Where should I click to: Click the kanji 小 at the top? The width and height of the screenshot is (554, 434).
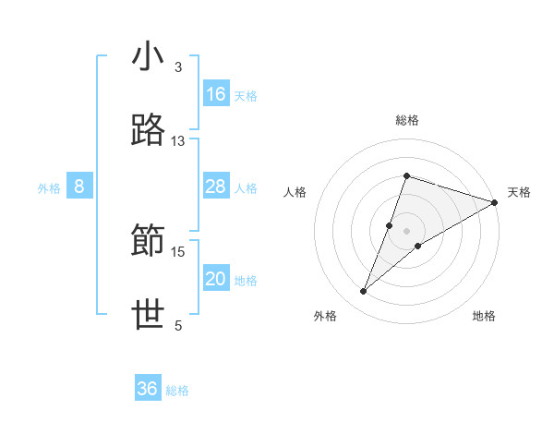click(149, 57)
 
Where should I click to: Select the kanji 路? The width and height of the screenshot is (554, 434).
click(149, 131)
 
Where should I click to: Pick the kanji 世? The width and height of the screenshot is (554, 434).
click(149, 316)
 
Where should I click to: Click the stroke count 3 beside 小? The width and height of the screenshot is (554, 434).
click(178, 67)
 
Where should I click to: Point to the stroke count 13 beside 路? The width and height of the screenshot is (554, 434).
click(177, 141)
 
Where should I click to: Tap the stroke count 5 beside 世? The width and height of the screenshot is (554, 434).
click(178, 326)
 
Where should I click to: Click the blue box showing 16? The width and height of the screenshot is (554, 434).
click(216, 94)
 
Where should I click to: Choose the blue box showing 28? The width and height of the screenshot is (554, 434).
click(216, 187)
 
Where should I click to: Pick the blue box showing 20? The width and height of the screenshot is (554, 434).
click(216, 279)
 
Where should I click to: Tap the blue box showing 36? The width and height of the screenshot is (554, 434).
click(148, 389)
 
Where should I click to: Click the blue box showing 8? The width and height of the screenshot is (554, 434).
click(79, 187)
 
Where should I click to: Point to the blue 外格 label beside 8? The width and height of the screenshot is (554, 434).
click(49, 188)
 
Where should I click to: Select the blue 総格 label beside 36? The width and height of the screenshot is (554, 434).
click(177, 391)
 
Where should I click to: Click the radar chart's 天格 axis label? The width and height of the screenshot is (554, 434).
click(519, 192)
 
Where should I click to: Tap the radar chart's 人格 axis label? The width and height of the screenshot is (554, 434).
click(295, 192)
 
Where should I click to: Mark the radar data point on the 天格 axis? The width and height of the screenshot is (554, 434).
click(495, 202)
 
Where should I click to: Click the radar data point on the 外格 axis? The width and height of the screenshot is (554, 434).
click(364, 292)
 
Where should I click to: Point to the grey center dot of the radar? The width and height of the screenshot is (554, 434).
click(407, 230)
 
